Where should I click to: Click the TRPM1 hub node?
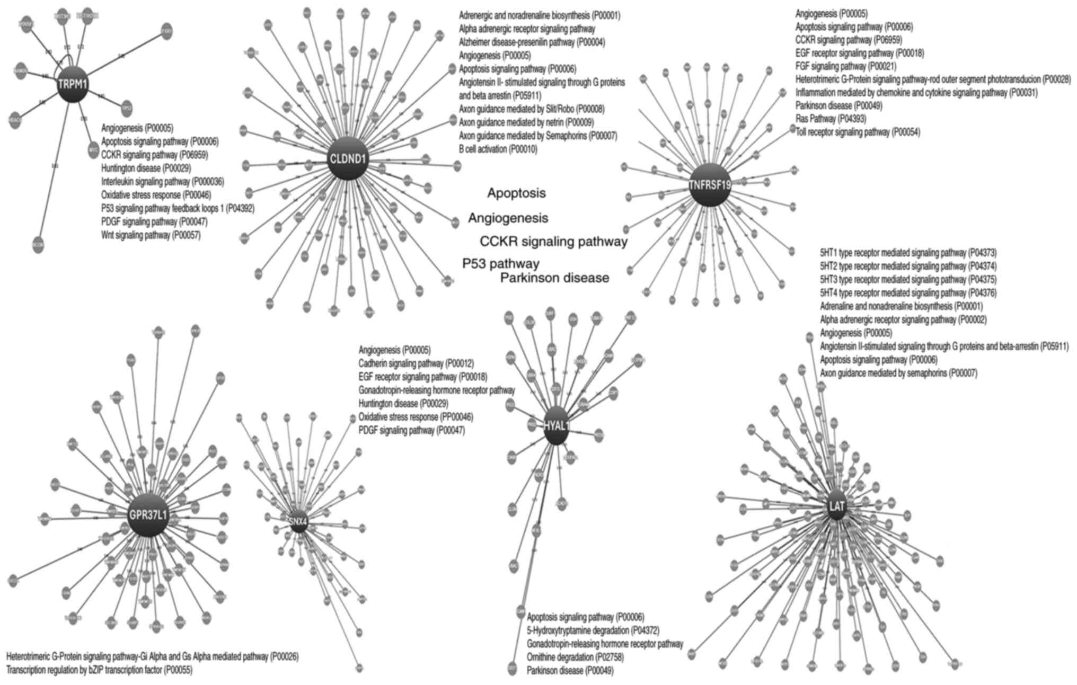[73, 85]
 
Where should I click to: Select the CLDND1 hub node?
[348, 158]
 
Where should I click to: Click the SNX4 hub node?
[298, 522]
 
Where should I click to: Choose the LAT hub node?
[836, 506]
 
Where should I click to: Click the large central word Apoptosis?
[516, 193]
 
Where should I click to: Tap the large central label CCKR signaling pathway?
[553, 242]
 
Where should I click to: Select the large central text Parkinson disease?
[554, 278]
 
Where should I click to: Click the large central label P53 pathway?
[501, 264]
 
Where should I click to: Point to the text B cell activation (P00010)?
[498, 149]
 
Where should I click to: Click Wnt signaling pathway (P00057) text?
[151, 235]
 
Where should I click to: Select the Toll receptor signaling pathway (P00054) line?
[858, 132]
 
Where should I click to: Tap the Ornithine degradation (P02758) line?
[575, 657]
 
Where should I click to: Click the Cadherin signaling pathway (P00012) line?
[416, 363]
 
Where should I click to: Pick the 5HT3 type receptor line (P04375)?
[908, 279]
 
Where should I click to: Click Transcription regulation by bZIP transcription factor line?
[99, 670]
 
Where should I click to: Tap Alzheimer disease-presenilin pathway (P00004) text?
[532, 42]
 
